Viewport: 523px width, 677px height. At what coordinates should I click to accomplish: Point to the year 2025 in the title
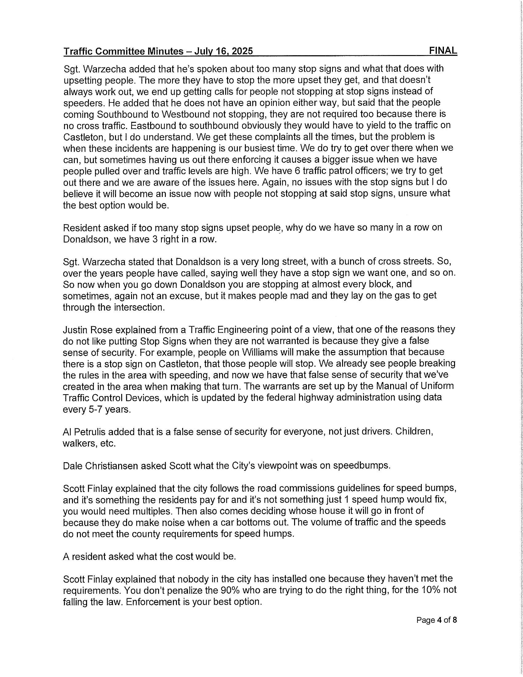242,51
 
